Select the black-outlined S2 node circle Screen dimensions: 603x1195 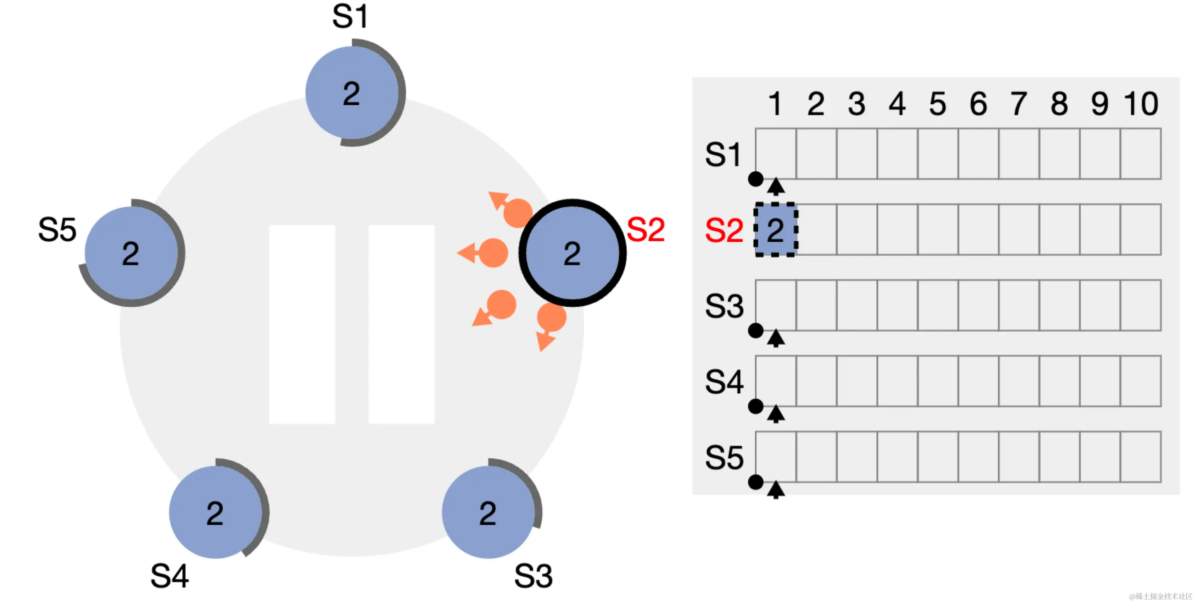[572, 253]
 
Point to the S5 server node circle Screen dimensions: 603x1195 [132, 253]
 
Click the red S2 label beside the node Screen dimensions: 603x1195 [645, 229]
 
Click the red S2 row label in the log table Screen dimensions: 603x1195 [724, 230]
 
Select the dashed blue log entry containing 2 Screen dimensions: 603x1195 [776, 229]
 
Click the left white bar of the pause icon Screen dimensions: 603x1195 [302, 324]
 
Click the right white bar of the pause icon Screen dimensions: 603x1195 [401, 324]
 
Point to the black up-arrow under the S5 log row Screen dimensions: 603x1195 [776, 489]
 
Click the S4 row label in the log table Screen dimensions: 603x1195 [724, 382]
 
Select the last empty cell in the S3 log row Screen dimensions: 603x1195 [1141, 305]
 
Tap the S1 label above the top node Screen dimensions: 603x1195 [350, 17]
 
